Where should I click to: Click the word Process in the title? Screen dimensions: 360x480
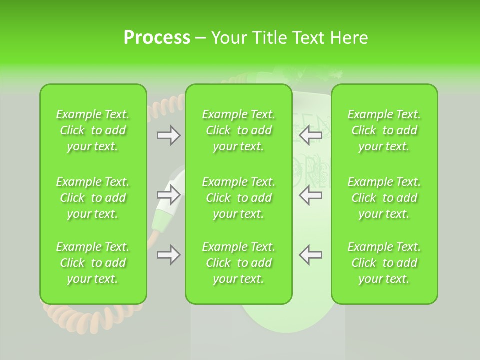pyautogui.click(x=157, y=38)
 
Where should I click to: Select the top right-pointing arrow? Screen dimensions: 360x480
pyautogui.click(x=168, y=135)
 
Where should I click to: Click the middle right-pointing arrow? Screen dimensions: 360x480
pyautogui.click(x=168, y=195)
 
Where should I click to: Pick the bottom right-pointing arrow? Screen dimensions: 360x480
pyautogui.click(x=168, y=255)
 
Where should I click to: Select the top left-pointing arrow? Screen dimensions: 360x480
pyautogui.click(x=311, y=135)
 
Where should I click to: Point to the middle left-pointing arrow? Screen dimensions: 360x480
pyautogui.click(x=311, y=195)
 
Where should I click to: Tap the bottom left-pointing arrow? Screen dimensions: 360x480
pyautogui.click(x=311, y=255)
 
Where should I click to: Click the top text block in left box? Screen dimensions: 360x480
pyautogui.click(x=93, y=130)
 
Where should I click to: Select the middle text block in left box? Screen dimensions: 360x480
pyautogui.click(x=93, y=198)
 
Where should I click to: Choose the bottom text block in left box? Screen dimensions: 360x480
pyautogui.click(x=93, y=263)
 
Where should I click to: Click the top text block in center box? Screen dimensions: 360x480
pyautogui.click(x=239, y=130)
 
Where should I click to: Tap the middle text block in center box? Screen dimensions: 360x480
pyautogui.click(x=239, y=198)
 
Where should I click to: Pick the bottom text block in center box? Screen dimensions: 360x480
pyautogui.click(x=239, y=263)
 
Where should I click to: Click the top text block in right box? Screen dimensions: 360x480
pyautogui.click(x=384, y=130)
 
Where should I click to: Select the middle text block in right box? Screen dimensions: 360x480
pyautogui.click(x=384, y=198)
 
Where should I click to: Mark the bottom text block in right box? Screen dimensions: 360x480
pyautogui.click(x=384, y=263)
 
